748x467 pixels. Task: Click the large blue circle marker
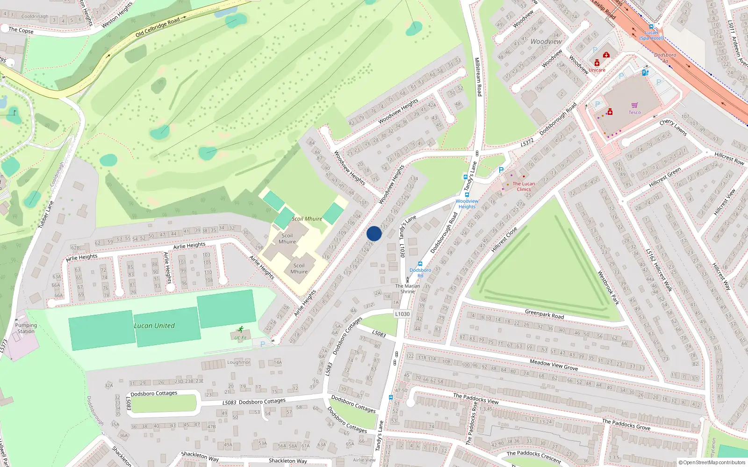click(x=374, y=233)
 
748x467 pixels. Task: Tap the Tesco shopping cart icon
click(x=634, y=105)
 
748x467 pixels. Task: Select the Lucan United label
click(x=154, y=325)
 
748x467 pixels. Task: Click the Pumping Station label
click(x=26, y=328)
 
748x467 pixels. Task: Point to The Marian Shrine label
click(x=408, y=289)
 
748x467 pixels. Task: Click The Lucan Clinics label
click(x=524, y=186)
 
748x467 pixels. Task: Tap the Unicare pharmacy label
click(x=597, y=70)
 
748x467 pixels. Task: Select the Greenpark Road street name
click(x=544, y=314)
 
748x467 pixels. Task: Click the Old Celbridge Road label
click(x=158, y=28)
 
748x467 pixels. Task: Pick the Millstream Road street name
click(x=478, y=77)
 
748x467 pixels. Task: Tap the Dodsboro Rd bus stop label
click(x=420, y=273)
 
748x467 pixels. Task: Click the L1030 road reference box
click(x=402, y=314)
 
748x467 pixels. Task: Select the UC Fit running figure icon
click(x=240, y=330)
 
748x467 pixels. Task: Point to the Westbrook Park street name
click(x=608, y=288)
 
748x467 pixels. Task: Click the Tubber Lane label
click(x=46, y=215)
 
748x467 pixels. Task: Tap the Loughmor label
click(x=238, y=362)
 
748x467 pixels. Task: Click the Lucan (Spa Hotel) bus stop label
click(x=651, y=35)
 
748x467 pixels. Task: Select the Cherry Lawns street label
click(x=673, y=127)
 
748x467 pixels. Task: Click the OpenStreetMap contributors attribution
click(x=712, y=462)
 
